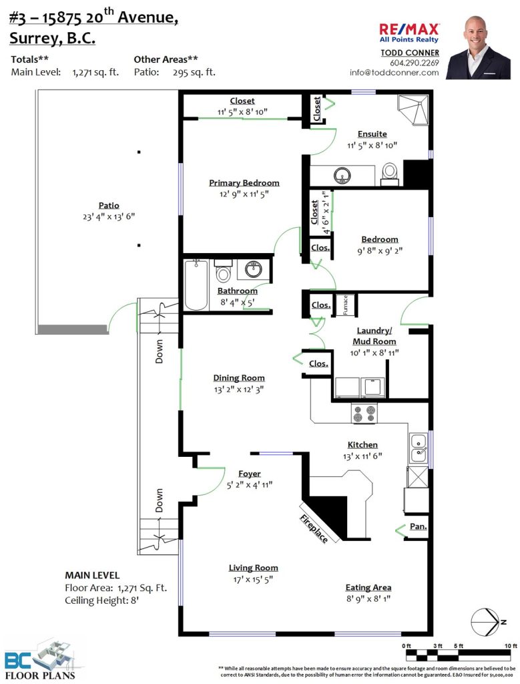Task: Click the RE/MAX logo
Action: coord(409,33)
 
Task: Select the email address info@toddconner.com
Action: coord(394,73)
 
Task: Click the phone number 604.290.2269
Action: coord(414,63)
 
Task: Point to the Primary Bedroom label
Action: coord(244,183)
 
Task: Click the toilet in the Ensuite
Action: coord(389,173)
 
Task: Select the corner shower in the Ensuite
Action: coord(413,110)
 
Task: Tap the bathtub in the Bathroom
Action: coord(196,285)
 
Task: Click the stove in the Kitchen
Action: coord(364,413)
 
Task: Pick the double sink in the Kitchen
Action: coord(419,448)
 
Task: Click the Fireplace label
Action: coord(314,529)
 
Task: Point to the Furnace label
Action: coord(345,305)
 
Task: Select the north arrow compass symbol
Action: coord(488,622)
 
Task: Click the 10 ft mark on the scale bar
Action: coord(511,646)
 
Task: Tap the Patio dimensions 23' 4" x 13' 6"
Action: coord(109,217)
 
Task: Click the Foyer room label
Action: coord(250,474)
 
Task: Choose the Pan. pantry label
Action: coord(418,526)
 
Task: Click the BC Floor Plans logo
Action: coord(40,659)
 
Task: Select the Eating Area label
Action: coord(368,588)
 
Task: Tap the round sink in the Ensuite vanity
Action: coord(342,175)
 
